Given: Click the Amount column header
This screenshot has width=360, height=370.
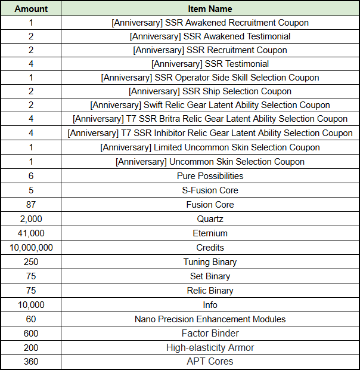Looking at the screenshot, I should (31, 9).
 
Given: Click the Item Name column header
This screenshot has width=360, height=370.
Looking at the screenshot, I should (210, 9).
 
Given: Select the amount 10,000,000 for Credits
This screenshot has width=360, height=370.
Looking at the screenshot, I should (31, 248).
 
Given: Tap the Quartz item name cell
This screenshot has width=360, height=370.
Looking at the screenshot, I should (210, 219).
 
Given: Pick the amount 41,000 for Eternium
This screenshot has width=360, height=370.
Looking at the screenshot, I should (31, 233).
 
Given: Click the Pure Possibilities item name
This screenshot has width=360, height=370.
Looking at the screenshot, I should (210, 176).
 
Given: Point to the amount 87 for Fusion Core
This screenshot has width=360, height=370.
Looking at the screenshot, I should (31, 205).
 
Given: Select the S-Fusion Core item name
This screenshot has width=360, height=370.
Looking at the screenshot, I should (210, 190).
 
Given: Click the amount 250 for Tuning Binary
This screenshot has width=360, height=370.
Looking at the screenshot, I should (31, 262).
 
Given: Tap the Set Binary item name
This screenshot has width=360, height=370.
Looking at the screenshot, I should (210, 276).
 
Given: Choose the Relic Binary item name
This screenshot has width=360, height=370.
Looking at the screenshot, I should (210, 291).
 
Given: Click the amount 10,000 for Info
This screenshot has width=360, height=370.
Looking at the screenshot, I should (31, 305).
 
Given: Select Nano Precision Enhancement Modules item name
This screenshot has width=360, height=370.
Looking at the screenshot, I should (210, 319).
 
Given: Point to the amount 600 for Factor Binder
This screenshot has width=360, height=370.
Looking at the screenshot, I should (31, 334).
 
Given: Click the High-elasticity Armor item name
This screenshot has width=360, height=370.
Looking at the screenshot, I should (210, 348).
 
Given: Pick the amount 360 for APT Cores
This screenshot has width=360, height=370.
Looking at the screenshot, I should (31, 362).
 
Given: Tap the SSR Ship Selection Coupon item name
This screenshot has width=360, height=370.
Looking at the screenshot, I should (210, 91).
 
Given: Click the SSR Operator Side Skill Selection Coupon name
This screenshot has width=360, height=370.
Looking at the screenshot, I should (210, 78).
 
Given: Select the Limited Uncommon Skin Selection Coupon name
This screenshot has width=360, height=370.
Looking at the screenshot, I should (210, 147).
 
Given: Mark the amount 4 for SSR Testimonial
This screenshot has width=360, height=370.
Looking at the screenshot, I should (31, 64).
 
